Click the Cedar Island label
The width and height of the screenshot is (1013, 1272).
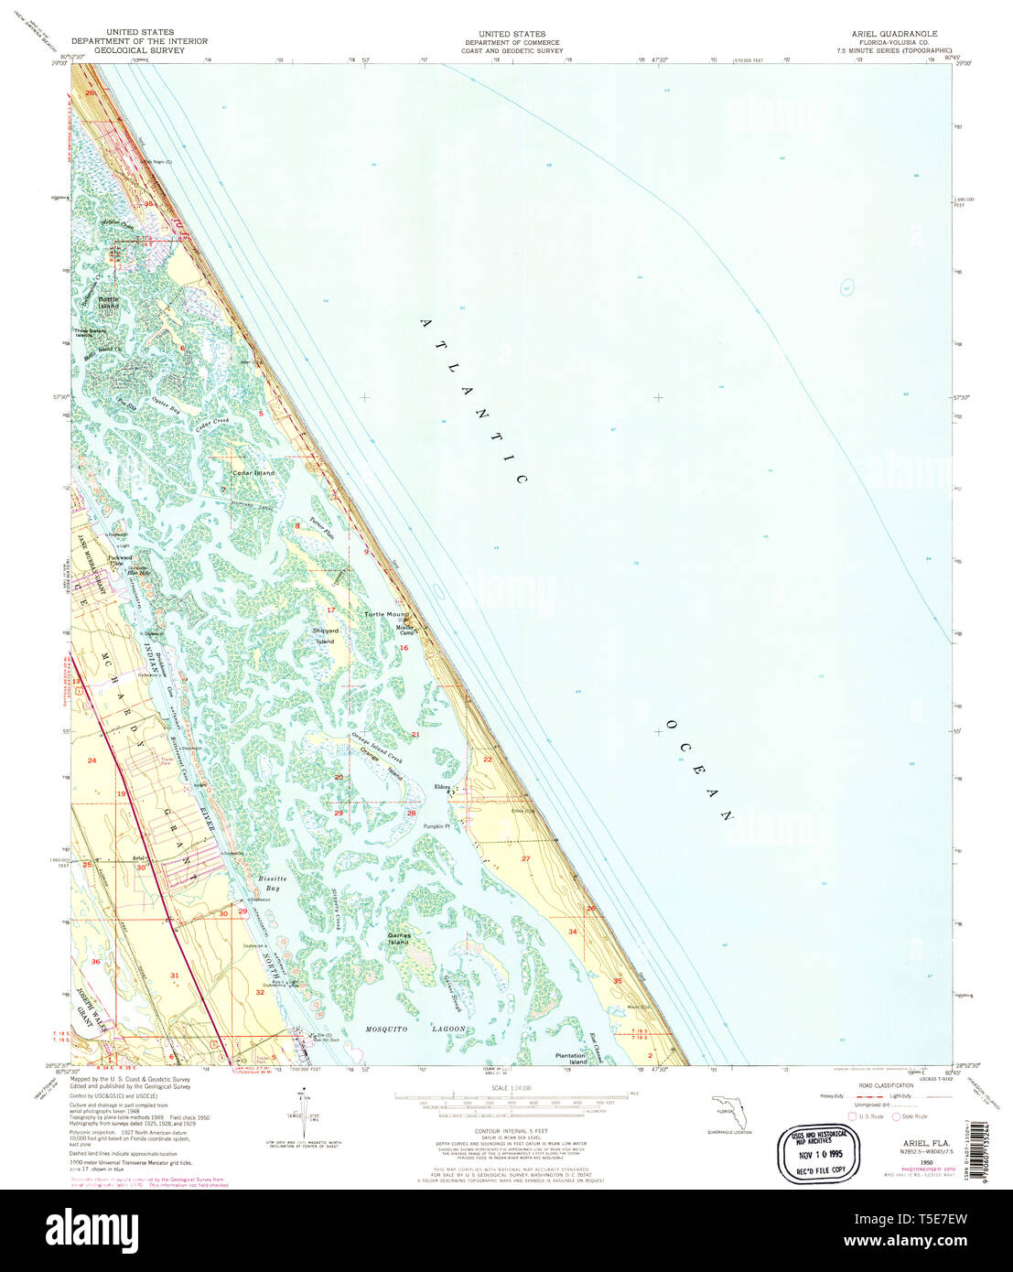(x=253, y=473)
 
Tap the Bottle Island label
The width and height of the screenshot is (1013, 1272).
(x=109, y=301)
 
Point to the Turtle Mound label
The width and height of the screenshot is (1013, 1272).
(x=387, y=614)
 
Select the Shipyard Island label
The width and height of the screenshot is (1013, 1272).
(x=326, y=635)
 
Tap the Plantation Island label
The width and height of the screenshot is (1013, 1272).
(x=572, y=1059)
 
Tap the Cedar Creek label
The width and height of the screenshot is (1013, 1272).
(x=211, y=426)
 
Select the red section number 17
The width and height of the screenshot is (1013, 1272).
(x=331, y=609)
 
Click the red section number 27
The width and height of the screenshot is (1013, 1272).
(x=525, y=858)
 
